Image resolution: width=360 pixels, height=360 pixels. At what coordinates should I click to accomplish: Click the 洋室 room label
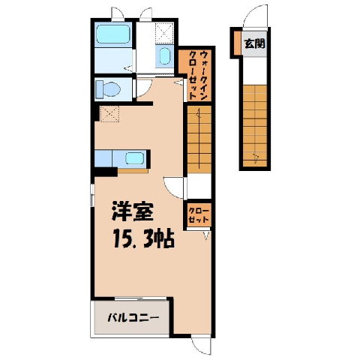[x=133, y=211]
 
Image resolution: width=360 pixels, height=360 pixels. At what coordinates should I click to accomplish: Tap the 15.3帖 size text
[x=144, y=238]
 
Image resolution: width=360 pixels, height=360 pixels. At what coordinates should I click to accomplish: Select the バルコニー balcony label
[x=133, y=318]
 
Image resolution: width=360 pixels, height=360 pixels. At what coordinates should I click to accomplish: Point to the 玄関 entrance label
[x=254, y=44]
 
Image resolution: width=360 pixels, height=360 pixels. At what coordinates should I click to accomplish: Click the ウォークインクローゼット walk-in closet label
[x=199, y=75]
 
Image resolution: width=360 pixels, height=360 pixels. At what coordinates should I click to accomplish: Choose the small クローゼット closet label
[x=198, y=215]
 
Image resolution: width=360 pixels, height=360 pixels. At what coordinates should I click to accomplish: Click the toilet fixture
[x=108, y=89]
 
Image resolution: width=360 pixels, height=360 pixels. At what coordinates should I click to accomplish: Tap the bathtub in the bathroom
[x=113, y=34]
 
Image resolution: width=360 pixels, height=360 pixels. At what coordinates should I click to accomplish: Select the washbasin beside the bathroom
[x=164, y=56]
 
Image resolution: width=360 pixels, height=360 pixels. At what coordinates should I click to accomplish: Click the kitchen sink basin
[x=134, y=158]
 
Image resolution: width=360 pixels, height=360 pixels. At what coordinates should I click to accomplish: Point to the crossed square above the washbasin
[x=163, y=32]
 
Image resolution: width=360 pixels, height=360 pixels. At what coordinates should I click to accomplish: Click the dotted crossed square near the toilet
[x=109, y=114]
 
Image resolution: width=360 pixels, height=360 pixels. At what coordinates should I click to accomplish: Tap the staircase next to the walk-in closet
[x=199, y=139]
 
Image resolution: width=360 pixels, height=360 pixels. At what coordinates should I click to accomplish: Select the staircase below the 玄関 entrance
[x=255, y=126]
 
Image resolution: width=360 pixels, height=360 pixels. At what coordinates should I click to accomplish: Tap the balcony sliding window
[x=141, y=298]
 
